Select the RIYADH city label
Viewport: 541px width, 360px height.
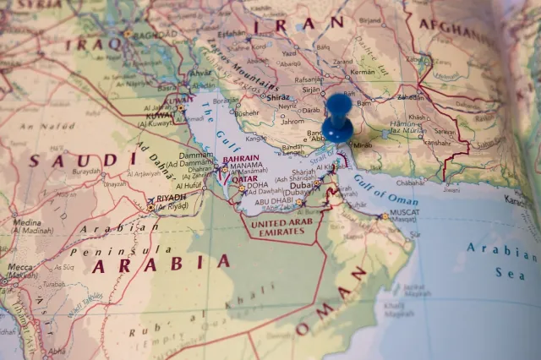[x=172, y=198]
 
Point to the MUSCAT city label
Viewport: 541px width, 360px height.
[x=404, y=212]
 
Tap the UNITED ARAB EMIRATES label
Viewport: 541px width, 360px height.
[x=283, y=227]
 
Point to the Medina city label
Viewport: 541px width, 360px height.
[x=27, y=222]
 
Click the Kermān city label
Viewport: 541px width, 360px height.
[x=363, y=72]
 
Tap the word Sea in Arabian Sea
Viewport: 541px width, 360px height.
[x=511, y=273]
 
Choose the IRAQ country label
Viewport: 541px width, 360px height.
[x=94, y=43]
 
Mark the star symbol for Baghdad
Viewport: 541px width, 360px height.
[x=128, y=34]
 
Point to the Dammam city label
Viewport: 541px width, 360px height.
[x=195, y=155]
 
